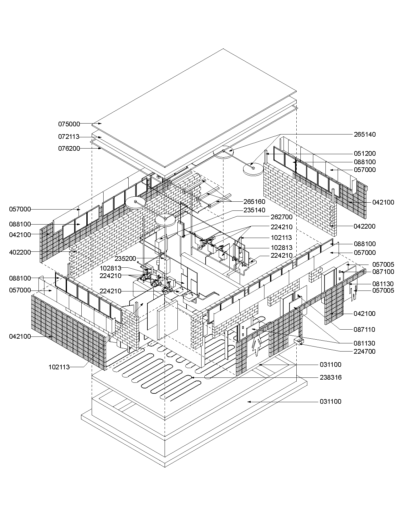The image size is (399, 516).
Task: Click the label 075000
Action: click(69, 124)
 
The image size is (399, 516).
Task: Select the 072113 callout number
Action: click(69, 137)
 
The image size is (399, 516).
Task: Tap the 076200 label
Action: click(69, 149)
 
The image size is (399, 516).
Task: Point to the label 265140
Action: click(365, 134)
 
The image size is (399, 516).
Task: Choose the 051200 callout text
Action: click(365, 154)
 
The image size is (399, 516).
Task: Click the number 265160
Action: click(254, 202)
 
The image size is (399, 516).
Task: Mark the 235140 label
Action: click(254, 210)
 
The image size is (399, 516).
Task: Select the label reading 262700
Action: click(282, 217)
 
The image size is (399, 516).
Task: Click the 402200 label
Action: click(20, 252)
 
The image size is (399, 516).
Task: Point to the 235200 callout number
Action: click(125, 259)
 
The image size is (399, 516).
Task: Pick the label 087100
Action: click(383, 272)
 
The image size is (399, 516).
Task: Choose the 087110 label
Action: click(364, 330)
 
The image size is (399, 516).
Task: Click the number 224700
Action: click(364, 352)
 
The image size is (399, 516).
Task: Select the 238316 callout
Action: click(330, 377)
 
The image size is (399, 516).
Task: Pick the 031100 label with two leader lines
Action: click(330, 365)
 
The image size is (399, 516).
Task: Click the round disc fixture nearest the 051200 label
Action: click(253, 169)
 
